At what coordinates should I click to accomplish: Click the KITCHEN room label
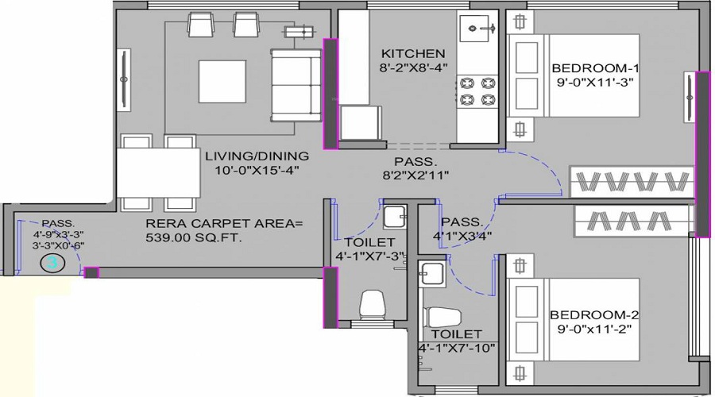pos(413,53)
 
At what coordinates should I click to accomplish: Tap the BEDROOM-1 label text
pos(595,68)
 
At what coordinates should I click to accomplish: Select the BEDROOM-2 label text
pos(594,315)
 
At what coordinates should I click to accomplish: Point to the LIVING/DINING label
pos(257,156)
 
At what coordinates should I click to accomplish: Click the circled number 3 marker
pos(52,263)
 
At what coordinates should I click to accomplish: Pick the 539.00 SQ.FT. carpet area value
pos(194,237)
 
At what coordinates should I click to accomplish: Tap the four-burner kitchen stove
pos(477,91)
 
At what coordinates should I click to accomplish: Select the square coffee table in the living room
pos(222,82)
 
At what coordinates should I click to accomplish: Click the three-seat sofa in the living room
pos(296,85)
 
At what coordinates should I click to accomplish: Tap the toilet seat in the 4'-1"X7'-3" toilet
pos(372,304)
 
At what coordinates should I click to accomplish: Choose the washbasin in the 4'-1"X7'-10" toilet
pos(432,274)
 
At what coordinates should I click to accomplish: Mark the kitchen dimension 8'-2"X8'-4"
pos(413,68)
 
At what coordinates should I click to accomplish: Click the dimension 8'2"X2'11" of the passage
pos(415,175)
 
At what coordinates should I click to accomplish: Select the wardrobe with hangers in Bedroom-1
pos(632,182)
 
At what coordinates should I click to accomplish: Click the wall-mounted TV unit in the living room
pos(124,79)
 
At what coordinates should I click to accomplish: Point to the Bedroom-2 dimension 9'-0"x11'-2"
pos(594,329)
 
